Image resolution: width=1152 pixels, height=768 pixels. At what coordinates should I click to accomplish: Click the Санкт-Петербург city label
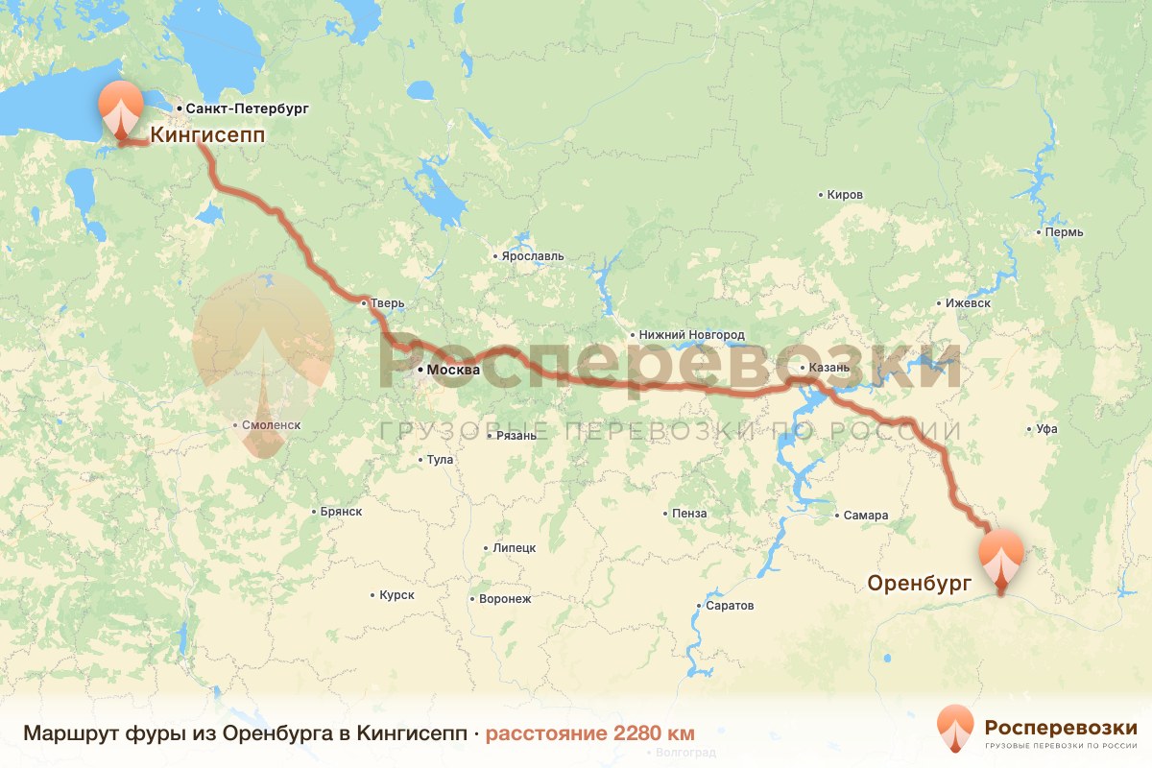point(247,109)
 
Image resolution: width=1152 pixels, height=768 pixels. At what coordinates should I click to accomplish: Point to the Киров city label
point(845,195)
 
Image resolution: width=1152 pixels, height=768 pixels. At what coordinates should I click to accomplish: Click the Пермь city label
point(1066,232)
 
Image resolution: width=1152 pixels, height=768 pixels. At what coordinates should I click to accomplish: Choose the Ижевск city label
point(968,303)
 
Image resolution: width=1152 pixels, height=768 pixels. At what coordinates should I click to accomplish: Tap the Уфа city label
point(1046,430)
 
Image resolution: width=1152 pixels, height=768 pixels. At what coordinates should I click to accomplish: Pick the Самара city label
point(866,516)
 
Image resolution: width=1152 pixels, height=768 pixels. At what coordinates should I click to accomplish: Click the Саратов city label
point(730,606)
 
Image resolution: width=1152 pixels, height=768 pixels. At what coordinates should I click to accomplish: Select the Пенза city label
point(689,514)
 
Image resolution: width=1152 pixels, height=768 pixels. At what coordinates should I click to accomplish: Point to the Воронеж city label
point(505,599)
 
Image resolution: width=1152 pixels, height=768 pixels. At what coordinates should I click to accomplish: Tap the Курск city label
point(396,595)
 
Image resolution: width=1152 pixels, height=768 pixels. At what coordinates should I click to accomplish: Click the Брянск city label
point(343,512)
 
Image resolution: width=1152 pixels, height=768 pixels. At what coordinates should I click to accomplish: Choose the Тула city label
point(439,460)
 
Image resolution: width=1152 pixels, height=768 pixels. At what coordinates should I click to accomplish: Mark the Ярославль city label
point(533,256)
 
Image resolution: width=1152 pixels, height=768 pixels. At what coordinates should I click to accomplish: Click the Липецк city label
point(514,548)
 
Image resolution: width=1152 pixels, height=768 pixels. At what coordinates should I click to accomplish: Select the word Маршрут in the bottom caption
point(70,733)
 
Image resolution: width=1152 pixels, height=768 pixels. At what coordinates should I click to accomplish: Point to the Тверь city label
point(388,304)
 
